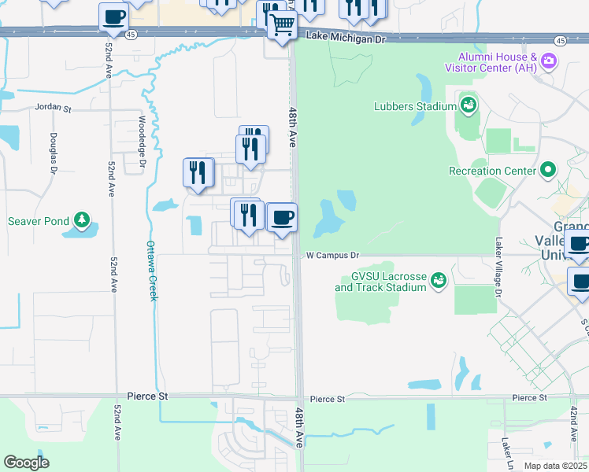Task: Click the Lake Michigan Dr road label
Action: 347,37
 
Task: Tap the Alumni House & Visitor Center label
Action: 497,63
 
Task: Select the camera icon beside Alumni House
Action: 549,60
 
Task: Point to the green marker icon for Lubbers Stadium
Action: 469,104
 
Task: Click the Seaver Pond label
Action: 39,221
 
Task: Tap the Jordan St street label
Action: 52,109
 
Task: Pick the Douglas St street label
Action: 54,152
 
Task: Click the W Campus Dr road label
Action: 332,256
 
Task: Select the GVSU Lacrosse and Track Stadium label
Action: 381,282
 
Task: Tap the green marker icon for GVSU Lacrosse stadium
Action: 439,278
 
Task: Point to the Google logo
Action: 26,463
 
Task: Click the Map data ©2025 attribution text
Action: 554,466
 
